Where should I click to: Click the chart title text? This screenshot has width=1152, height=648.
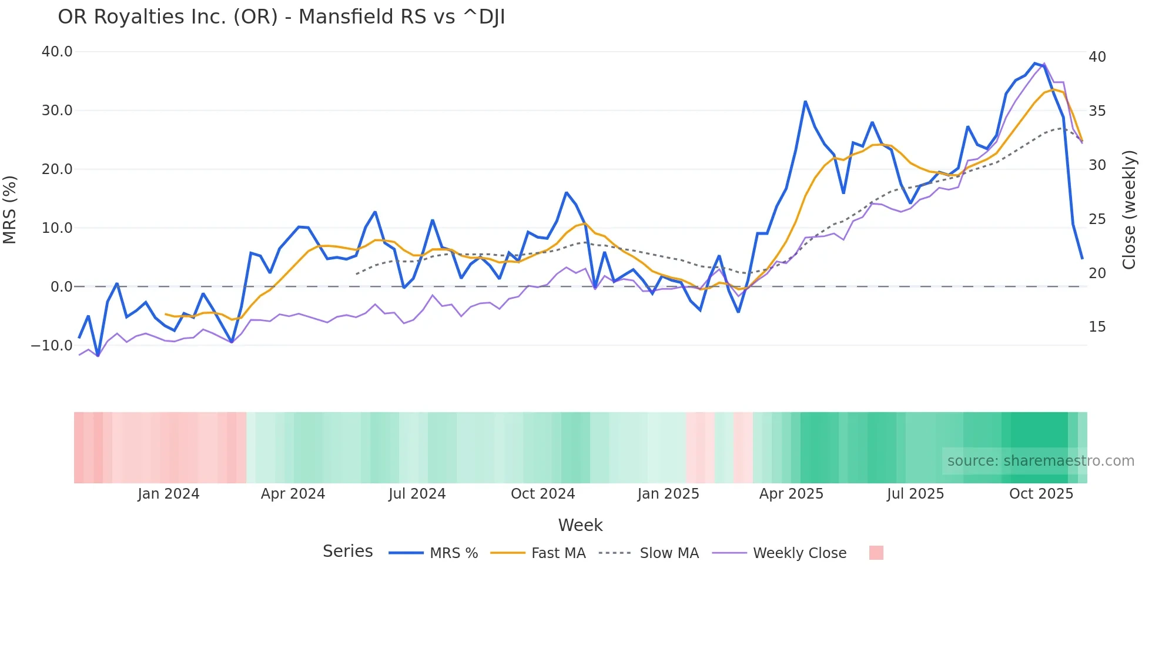[281, 17]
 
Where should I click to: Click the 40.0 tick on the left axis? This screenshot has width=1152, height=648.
[57, 52]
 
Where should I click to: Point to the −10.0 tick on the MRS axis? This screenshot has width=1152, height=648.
[52, 346]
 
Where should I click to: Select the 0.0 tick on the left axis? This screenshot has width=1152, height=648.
[62, 287]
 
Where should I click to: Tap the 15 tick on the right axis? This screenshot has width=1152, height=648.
[1097, 327]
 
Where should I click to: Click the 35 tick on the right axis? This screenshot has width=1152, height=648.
[1097, 111]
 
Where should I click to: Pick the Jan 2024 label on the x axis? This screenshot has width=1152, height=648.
[169, 494]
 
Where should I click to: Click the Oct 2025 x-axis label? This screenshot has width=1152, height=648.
[1041, 494]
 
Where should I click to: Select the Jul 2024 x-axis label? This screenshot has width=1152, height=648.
[417, 494]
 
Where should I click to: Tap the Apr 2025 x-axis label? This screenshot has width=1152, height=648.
[791, 494]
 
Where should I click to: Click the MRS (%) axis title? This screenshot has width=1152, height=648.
[10, 209]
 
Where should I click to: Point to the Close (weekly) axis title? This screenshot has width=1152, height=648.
[1129, 210]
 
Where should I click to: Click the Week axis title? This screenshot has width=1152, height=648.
[580, 525]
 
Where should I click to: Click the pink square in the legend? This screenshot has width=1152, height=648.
[876, 553]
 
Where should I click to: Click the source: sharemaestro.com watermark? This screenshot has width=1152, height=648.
[1040, 461]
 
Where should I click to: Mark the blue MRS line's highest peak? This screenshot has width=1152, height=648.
[1035, 63]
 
